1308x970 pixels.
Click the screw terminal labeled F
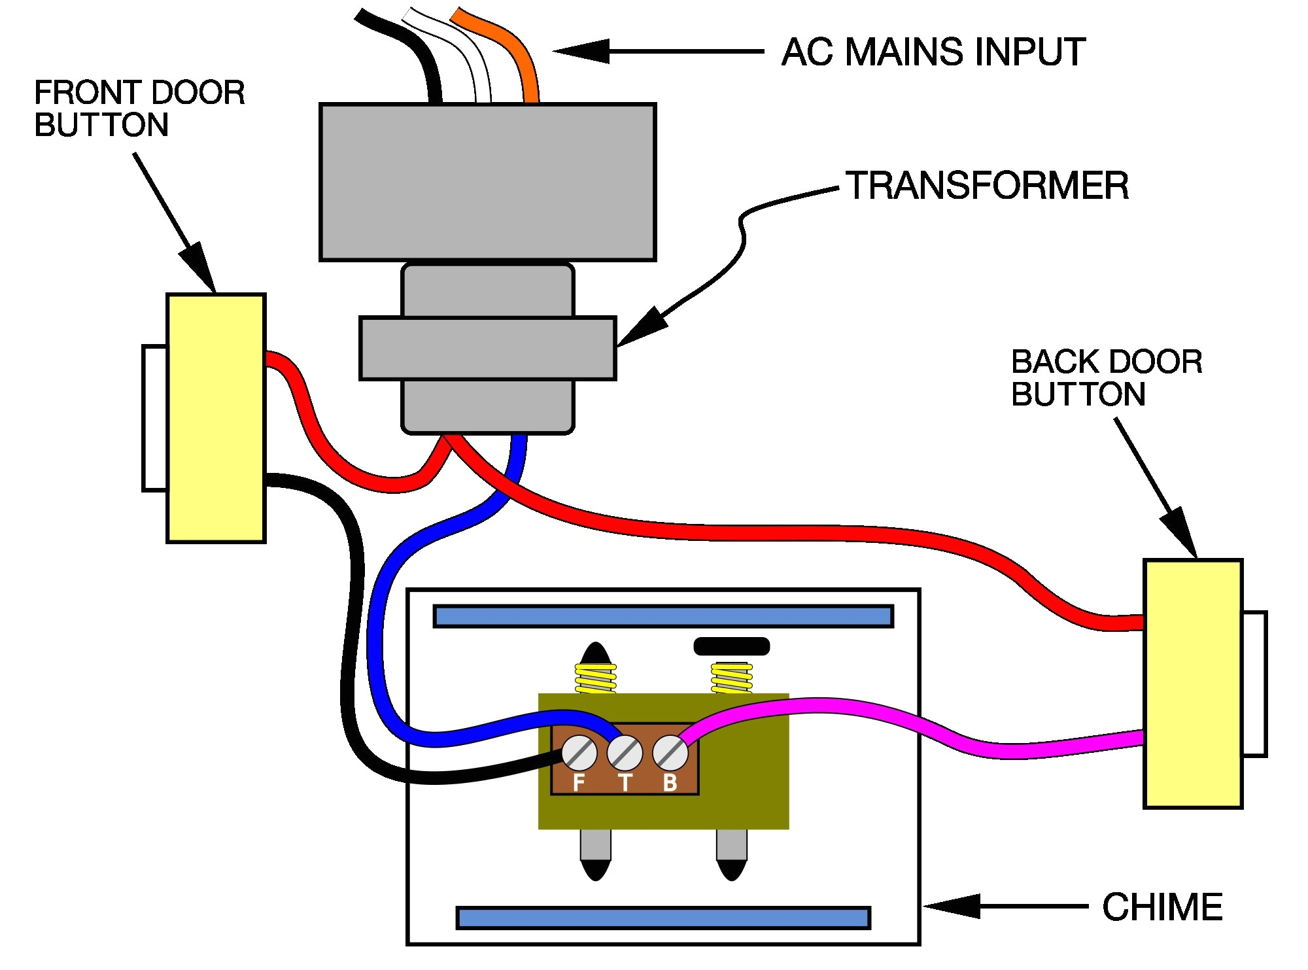coord(579,753)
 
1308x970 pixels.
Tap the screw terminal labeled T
coord(625,753)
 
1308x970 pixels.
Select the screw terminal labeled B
coord(670,753)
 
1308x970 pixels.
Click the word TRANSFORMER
coord(987,186)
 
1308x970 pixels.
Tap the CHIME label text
coord(1162,907)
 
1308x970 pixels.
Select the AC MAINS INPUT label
coord(933,52)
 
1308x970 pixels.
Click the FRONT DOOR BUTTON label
coord(139,109)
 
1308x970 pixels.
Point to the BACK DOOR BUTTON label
coord(1106,378)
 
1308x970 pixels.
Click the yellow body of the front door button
coord(216,419)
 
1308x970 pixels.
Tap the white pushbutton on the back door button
coord(1254,684)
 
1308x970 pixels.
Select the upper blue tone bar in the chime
coord(663,616)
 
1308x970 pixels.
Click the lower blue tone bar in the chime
coord(663,918)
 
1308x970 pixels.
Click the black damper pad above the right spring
coord(731,646)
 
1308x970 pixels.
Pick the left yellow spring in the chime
coord(595,678)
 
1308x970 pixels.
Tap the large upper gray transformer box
coord(487,182)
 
